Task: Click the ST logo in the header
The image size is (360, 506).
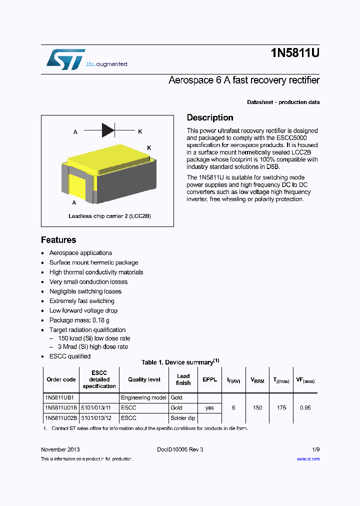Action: (65, 59)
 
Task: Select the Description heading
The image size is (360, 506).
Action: (210, 118)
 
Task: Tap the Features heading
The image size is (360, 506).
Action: (58, 240)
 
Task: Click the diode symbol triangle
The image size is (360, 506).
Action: (108, 130)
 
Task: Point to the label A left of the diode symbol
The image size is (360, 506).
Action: (75, 132)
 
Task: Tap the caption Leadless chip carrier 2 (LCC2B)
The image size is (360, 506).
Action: (109, 216)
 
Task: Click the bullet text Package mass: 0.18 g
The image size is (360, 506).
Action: (79, 320)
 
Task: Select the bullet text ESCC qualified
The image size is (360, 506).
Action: (69, 356)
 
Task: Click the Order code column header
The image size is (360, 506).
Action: (61, 379)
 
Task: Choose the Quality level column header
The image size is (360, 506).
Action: (144, 379)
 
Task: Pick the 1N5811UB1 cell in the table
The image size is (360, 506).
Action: (59, 398)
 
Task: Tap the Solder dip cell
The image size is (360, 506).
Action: (182, 417)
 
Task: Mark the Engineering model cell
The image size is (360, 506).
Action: (143, 398)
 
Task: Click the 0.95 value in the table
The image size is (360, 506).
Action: (305, 408)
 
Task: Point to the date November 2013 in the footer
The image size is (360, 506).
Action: (60, 449)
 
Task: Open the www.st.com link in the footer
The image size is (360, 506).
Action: (308, 459)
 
